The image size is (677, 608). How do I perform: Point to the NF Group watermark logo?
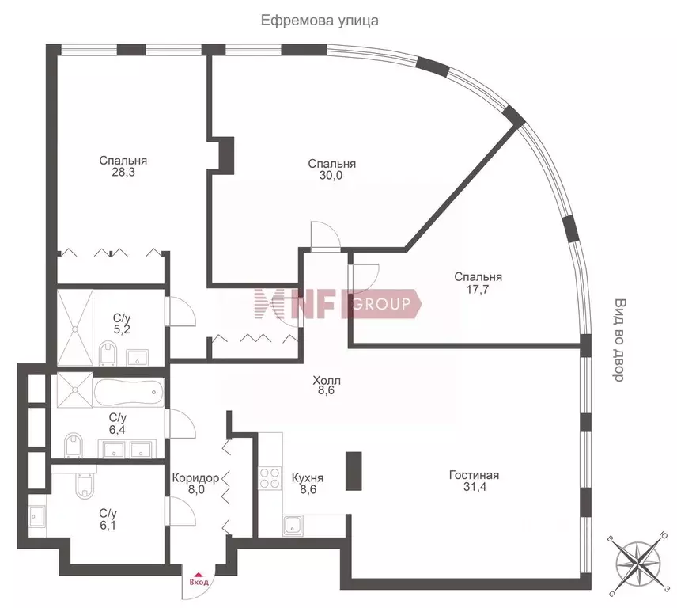pos(336,303)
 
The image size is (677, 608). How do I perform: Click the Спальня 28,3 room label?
pos(123,167)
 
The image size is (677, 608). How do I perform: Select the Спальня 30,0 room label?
pos(331,170)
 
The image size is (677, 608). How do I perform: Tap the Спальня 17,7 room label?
pos(478,283)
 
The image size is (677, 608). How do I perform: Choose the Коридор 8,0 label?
pos(195,484)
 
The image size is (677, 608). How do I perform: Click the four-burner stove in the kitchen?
pos(270,479)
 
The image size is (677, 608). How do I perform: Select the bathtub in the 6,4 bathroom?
pos(128,391)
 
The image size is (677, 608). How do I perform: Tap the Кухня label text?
pos(307,478)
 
